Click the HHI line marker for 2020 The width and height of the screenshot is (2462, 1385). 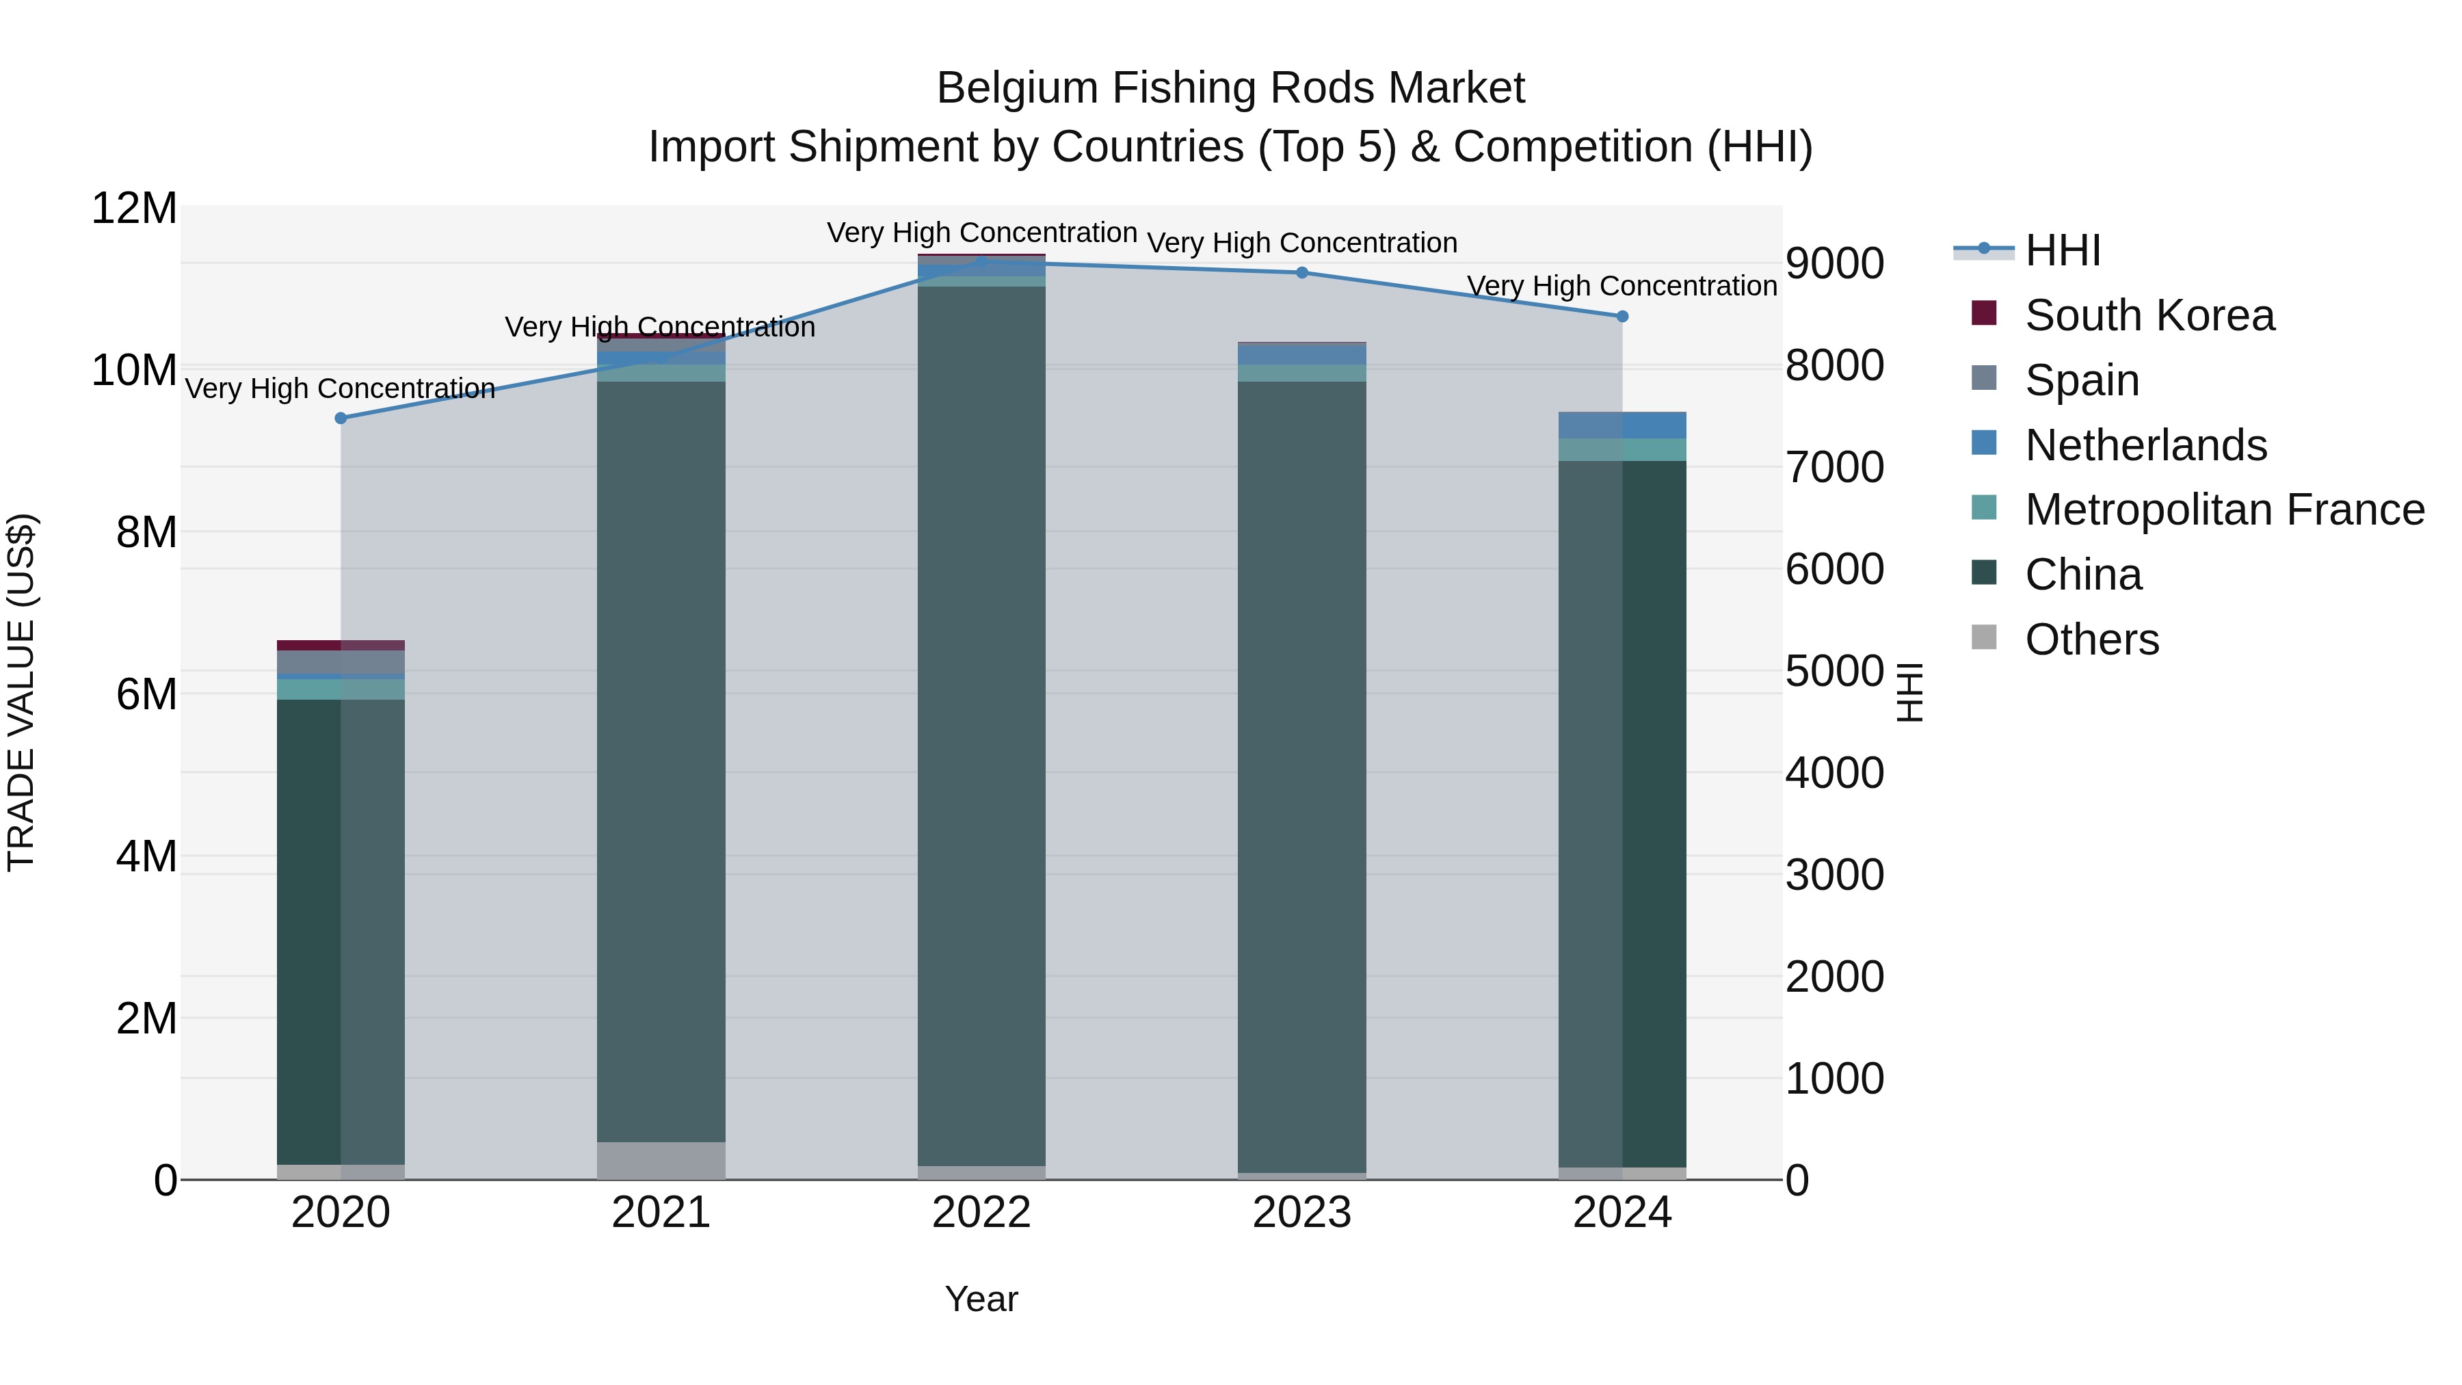point(341,418)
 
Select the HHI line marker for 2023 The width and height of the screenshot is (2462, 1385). point(1301,272)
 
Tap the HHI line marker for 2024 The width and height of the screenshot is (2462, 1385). point(1622,317)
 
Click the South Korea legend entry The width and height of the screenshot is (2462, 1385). point(2149,315)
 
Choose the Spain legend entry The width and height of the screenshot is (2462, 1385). point(2082,380)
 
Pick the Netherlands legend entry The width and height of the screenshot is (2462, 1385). point(2145,445)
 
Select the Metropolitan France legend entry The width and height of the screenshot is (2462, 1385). point(2224,510)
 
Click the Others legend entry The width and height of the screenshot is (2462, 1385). point(2091,639)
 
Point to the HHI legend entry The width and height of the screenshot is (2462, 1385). point(2063,250)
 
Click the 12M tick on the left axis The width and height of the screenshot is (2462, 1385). point(134,209)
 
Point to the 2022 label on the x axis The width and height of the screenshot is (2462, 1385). point(981,1213)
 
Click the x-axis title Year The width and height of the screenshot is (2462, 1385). point(981,1299)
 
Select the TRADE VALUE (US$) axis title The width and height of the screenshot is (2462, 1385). point(21,692)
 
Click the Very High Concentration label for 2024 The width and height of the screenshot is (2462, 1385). point(1622,286)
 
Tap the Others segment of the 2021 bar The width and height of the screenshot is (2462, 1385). point(661,1161)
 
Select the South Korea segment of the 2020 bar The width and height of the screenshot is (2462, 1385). point(341,645)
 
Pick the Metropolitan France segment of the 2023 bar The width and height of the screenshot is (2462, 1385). point(1301,373)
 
